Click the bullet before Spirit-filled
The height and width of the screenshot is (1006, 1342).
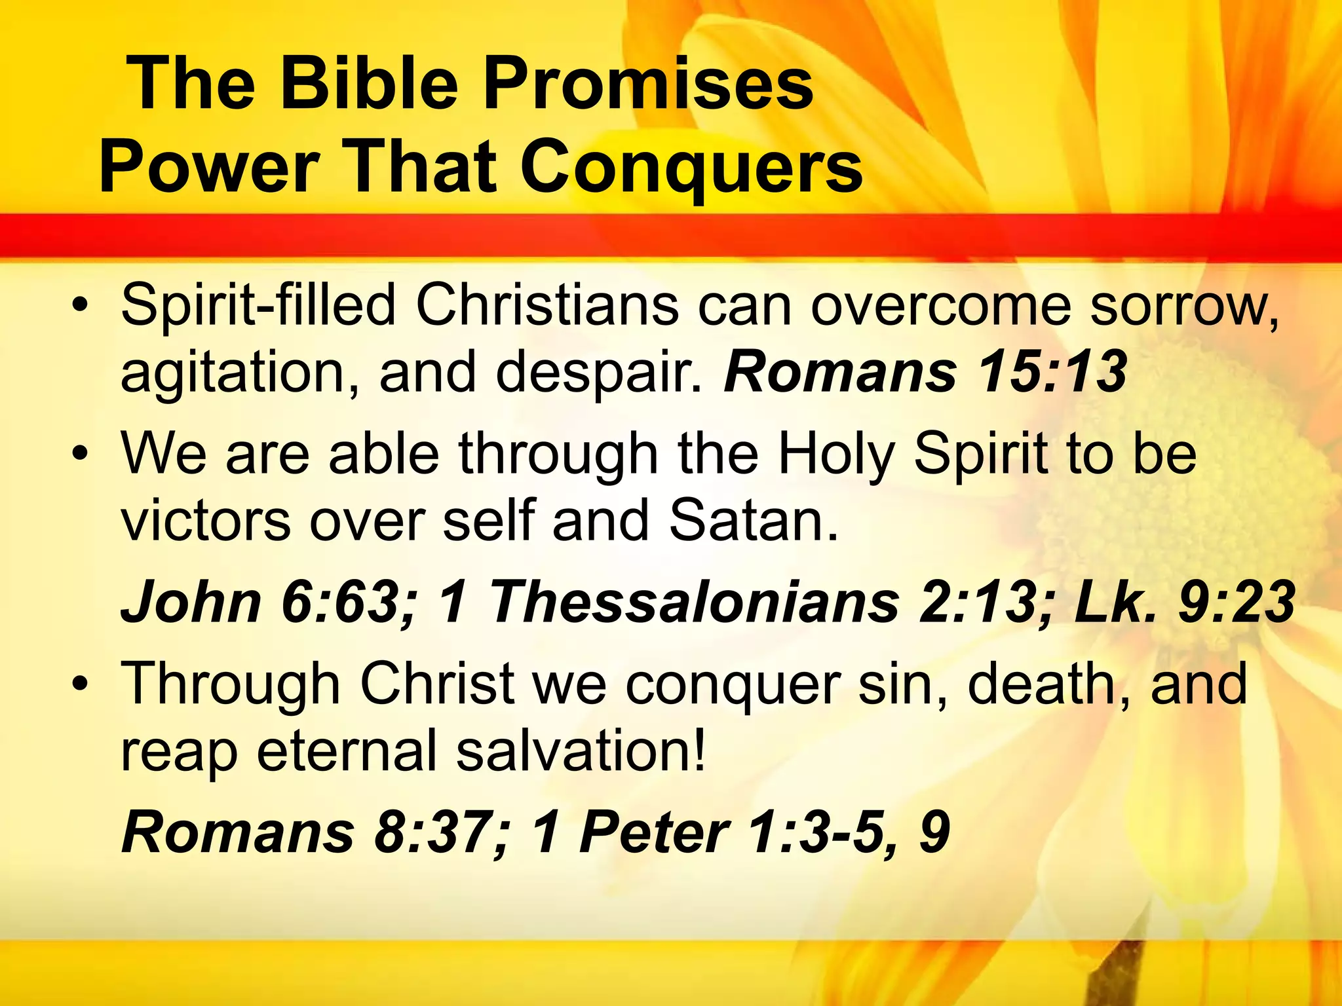pyautogui.click(x=80, y=306)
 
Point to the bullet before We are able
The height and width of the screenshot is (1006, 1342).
pyautogui.click(x=80, y=454)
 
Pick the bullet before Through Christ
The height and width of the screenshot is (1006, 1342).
pyautogui.click(x=80, y=684)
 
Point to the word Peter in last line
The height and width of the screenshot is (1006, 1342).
pyautogui.click(x=654, y=832)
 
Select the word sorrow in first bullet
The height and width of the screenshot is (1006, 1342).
pyautogui.click(x=1183, y=306)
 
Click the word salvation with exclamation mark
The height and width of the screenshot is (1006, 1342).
pyautogui.click(x=581, y=751)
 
